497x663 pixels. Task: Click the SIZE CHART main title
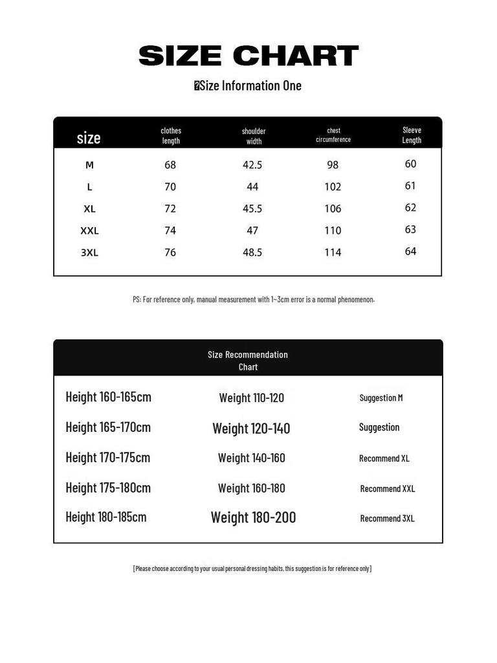click(x=248, y=56)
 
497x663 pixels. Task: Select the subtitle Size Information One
click(x=248, y=85)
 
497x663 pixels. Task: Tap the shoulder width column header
click(x=254, y=136)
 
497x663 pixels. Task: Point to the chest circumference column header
click(x=333, y=135)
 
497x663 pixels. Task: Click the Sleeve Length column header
click(x=412, y=135)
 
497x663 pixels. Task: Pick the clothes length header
click(x=171, y=135)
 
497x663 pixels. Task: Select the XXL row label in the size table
click(x=89, y=230)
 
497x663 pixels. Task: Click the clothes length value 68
click(x=170, y=165)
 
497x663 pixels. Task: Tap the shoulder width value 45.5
click(x=252, y=208)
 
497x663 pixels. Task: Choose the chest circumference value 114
click(x=333, y=253)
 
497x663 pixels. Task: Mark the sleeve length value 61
click(x=410, y=186)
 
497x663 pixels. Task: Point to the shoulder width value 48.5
click(x=252, y=253)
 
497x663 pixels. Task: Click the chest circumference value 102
click(x=333, y=187)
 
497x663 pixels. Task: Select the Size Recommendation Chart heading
click(x=248, y=361)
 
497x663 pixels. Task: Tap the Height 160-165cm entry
click(x=108, y=397)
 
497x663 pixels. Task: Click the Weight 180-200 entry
click(x=253, y=517)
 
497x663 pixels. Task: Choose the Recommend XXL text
click(x=388, y=489)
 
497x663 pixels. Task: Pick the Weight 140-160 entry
click(x=251, y=458)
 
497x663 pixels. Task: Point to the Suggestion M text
click(x=381, y=398)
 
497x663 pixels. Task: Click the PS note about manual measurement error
click(x=254, y=299)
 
